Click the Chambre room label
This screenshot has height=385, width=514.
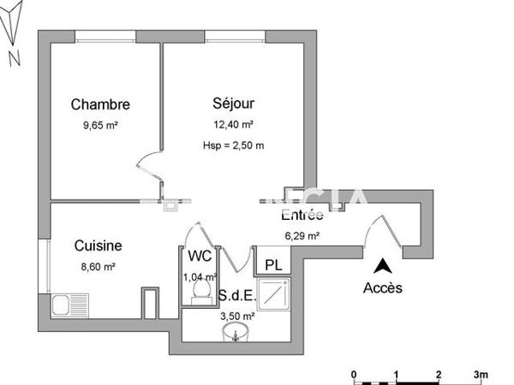[x=100, y=105]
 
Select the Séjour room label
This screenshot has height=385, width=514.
[x=234, y=104]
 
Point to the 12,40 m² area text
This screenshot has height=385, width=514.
[x=234, y=124]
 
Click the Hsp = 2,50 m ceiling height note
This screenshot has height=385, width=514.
[x=234, y=145]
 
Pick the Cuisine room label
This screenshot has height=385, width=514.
[x=97, y=246]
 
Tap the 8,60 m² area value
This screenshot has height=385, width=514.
[x=97, y=266]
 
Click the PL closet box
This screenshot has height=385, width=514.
[x=272, y=264]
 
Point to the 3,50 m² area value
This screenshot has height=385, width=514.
[x=235, y=316]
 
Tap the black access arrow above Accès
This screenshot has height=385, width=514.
[x=383, y=267]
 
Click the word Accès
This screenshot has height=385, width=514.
[x=383, y=287]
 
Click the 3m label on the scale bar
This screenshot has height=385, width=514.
[x=482, y=374]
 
